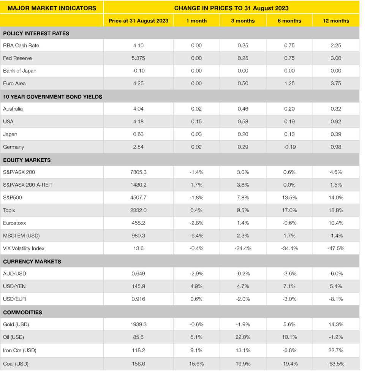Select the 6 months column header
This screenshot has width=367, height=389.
289,21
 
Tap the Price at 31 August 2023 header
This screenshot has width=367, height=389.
138,21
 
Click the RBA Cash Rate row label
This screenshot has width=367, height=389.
21,45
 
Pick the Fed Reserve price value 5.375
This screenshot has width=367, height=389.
138,58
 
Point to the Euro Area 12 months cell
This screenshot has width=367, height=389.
336,83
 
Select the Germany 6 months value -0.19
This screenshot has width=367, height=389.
289,147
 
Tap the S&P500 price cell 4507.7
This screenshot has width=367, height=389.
138,198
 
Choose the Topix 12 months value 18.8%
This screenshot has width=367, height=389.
336,210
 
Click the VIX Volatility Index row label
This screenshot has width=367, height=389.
24,248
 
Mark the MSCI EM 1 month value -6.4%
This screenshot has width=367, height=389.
196,236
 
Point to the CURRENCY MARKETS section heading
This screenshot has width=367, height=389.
32,261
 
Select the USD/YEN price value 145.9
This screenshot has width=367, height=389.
138,286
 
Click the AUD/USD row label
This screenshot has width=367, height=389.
14,274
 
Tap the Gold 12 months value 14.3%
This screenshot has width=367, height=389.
336,324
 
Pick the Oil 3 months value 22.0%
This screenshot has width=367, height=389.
243,337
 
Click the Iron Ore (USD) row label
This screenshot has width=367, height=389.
20,350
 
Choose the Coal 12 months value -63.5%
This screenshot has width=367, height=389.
336,364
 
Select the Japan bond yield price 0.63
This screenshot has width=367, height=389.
138,134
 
